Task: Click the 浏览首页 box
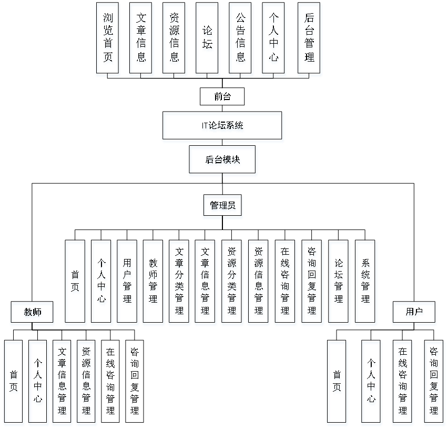click(x=108, y=40)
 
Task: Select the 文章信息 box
click(x=141, y=40)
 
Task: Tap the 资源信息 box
click(x=175, y=40)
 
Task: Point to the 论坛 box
click(x=208, y=40)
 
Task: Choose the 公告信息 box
click(x=241, y=40)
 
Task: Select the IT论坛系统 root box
click(x=223, y=127)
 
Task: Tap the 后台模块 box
click(x=223, y=161)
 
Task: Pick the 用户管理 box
click(x=127, y=283)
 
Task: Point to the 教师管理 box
click(x=153, y=283)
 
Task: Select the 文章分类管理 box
click(x=180, y=283)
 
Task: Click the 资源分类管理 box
click(x=232, y=283)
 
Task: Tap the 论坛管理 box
click(x=339, y=283)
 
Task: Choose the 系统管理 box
click(x=365, y=283)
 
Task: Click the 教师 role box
click(x=33, y=313)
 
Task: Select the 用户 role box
click(x=414, y=313)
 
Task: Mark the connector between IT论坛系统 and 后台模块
click(x=223, y=145)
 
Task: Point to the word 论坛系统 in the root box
click(x=227, y=127)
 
